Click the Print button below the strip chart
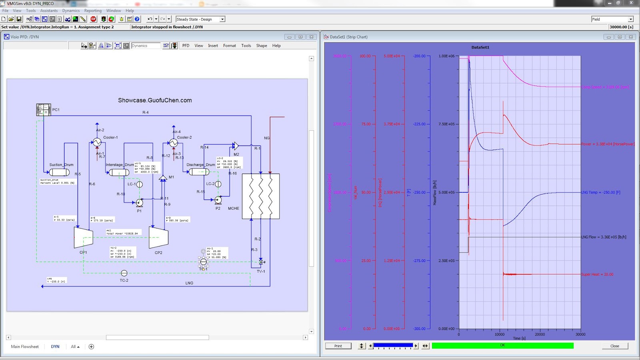tap(338, 346)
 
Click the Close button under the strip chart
tap(615, 346)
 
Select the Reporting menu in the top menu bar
tap(93, 11)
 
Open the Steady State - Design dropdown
tap(222, 19)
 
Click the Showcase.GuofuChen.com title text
tap(155, 100)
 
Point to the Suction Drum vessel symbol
tap(59, 172)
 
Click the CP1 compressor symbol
tap(83, 238)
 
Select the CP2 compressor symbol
tap(158, 238)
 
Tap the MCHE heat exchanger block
tap(261, 196)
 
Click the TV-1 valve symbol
tap(261, 262)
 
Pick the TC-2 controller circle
tap(124, 273)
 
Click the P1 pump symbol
tap(139, 203)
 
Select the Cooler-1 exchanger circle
tap(97, 142)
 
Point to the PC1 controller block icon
tap(44, 110)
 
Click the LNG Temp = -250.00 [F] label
tap(600, 192)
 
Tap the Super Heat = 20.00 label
tap(597, 274)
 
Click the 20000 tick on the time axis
tap(540, 334)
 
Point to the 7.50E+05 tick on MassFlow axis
tap(446, 124)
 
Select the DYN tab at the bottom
tap(55, 347)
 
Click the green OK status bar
tap(502, 346)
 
